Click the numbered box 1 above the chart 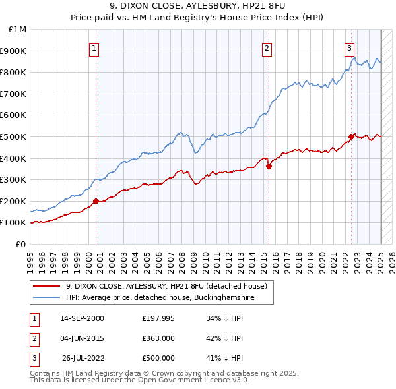point(94,48)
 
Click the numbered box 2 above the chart point(267,48)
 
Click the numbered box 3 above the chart point(349,48)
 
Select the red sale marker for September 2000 point(96,201)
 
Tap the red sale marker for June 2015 point(269,166)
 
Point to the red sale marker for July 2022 point(351,136)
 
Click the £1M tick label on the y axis point(17,30)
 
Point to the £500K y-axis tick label point(14,136)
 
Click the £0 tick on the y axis point(20,244)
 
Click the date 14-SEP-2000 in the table point(82,318)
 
